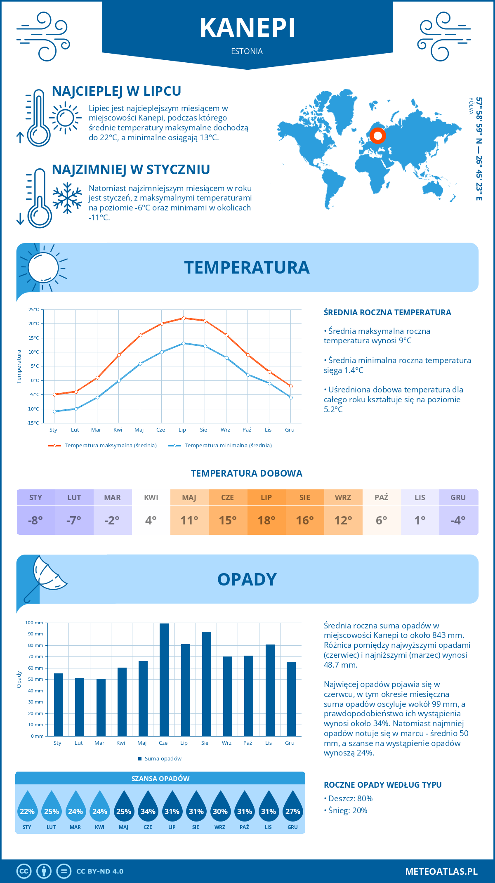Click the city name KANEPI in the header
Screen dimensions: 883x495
click(247, 28)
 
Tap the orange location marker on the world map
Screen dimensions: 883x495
click(377, 135)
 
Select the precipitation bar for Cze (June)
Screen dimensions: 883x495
click(164, 680)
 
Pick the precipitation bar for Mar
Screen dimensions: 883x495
click(101, 707)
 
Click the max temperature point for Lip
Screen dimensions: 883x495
click(184, 318)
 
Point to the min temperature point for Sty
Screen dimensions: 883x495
click(54, 411)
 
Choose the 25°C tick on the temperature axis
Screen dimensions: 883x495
click(34, 309)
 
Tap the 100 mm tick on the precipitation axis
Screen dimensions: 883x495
click(35, 623)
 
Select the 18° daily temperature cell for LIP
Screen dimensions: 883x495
click(266, 520)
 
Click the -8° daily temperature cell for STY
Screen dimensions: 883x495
click(35, 520)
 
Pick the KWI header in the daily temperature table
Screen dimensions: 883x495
click(151, 498)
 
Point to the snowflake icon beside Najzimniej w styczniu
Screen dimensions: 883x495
click(67, 198)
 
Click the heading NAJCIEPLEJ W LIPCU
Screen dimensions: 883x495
click(116, 91)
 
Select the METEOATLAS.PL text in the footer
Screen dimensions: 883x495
click(441, 871)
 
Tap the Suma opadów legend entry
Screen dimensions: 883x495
click(163, 759)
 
